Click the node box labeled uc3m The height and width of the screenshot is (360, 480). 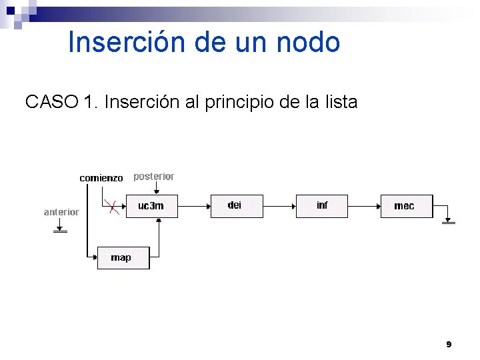[153, 206]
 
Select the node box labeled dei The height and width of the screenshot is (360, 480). [237, 206]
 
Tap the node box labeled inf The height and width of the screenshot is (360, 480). [322, 206]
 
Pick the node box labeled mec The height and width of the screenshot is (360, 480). [406, 206]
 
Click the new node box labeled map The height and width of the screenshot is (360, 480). [123, 257]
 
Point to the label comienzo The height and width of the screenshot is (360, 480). [101, 178]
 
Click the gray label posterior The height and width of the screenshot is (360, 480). [153, 177]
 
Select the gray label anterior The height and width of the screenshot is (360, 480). [61, 212]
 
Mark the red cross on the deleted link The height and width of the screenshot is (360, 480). [115, 207]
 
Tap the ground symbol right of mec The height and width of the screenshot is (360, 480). [449, 221]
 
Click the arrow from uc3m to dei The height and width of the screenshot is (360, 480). [195, 206]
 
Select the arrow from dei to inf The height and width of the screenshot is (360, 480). [279, 206]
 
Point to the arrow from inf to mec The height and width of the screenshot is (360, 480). [364, 206]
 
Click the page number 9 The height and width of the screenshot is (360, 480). [449, 345]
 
